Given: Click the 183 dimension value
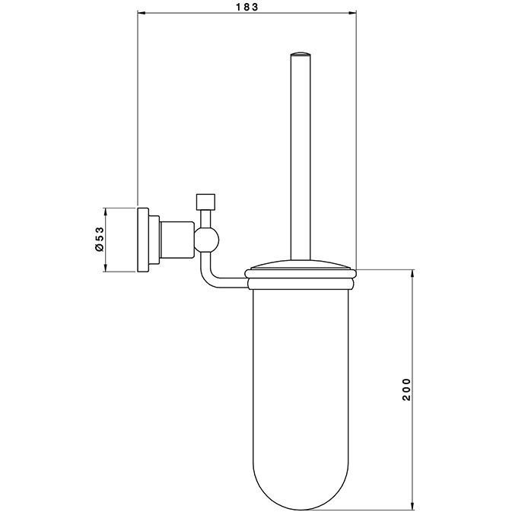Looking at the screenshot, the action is click(x=246, y=7).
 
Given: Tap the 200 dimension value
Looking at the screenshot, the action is click(x=406, y=390).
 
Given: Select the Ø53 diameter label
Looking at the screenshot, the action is click(x=99, y=239).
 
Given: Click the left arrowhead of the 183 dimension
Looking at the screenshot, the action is click(x=141, y=13).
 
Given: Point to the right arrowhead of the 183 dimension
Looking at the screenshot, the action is click(x=353, y=13).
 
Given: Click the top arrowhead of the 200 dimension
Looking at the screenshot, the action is click(x=412, y=274).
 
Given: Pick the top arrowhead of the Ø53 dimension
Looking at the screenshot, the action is click(x=105, y=211).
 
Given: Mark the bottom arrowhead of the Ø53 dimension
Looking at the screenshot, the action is click(x=105, y=268).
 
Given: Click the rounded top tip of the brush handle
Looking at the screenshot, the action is click(x=301, y=53).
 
